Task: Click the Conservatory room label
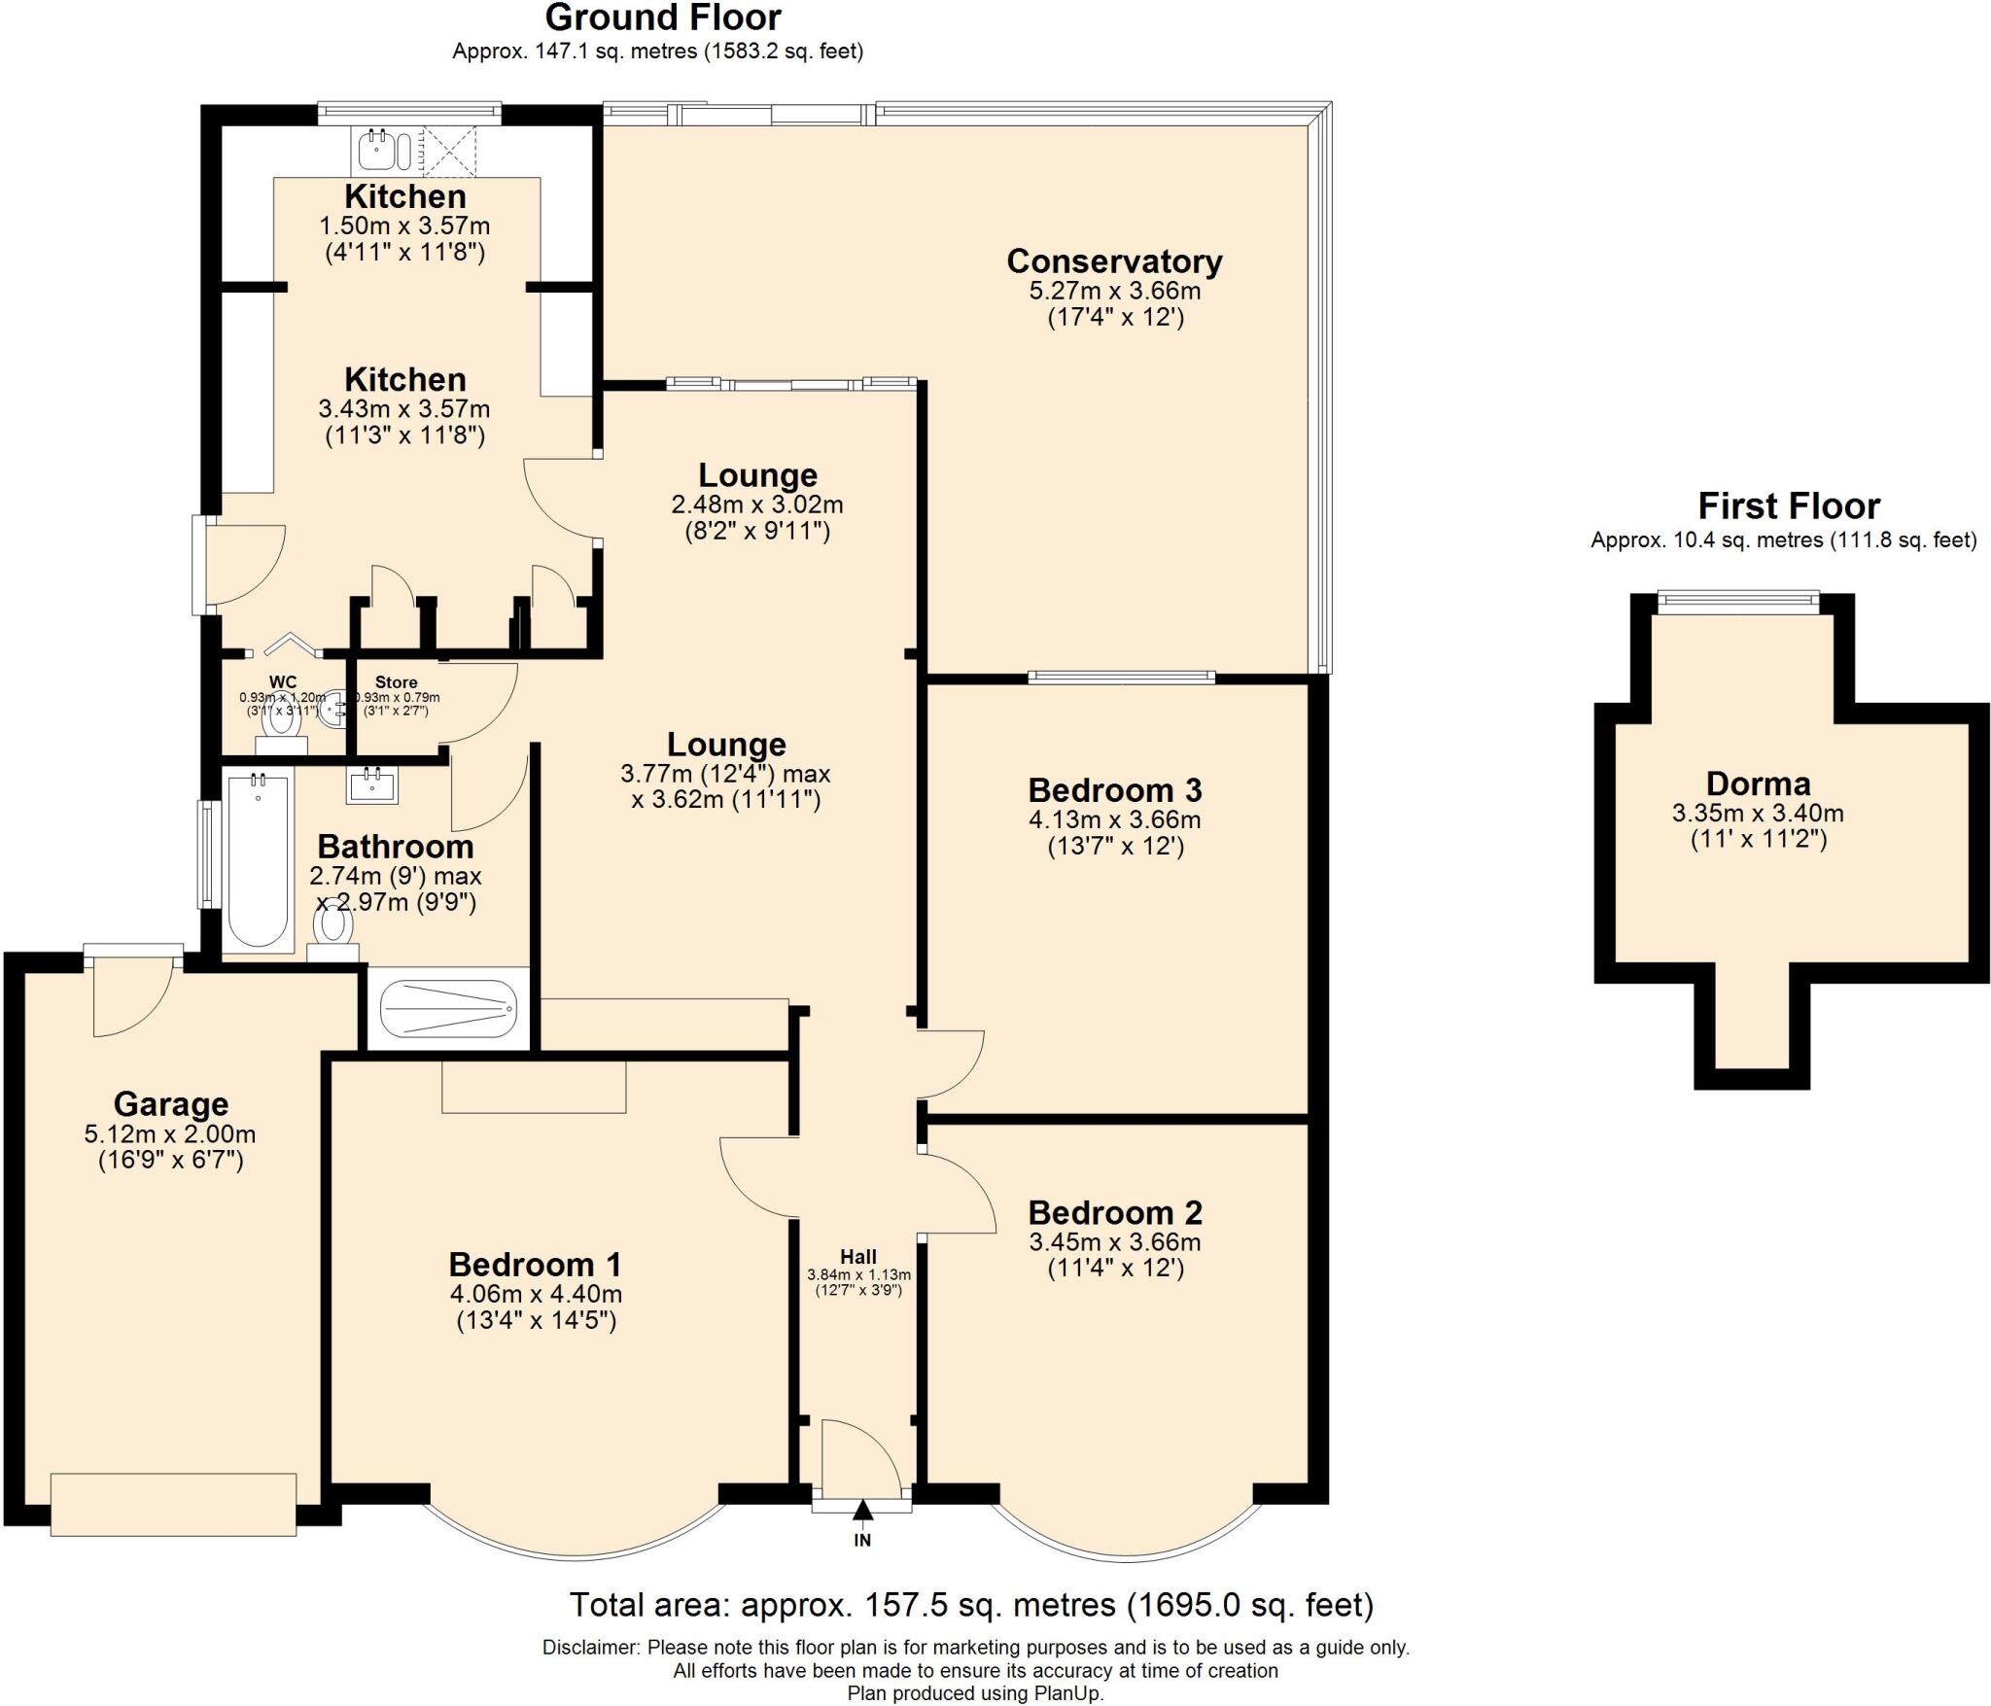click(x=1114, y=261)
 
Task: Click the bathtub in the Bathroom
click(x=258, y=859)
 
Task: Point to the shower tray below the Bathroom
click(x=448, y=1009)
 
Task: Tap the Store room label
click(x=396, y=682)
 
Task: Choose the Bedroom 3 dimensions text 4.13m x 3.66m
click(x=1114, y=819)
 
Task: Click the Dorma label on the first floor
click(x=1758, y=783)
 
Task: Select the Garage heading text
click(x=171, y=1104)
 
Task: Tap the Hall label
click(x=858, y=1257)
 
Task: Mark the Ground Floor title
click(x=662, y=17)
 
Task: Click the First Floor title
click(x=1788, y=506)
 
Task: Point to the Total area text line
click(x=970, y=1605)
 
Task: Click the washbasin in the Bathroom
click(x=372, y=784)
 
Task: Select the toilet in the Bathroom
click(x=333, y=926)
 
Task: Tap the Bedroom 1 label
click(x=535, y=1265)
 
